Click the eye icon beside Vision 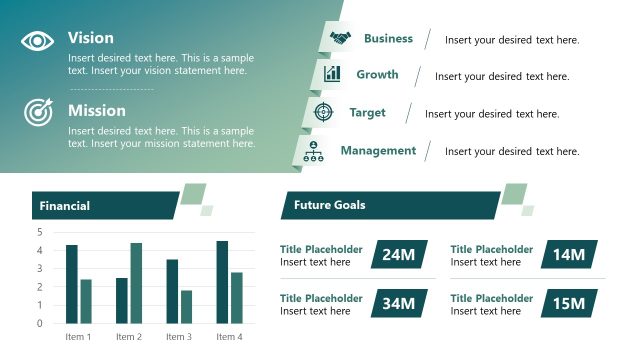38,41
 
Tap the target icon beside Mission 38,112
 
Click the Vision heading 90,38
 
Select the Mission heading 97,110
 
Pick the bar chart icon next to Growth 333,75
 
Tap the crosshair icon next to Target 323,112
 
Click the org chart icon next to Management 315,151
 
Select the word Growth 377,75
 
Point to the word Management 378,151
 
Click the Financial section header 65,206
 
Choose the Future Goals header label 329,205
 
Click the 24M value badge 398,255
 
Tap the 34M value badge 398,303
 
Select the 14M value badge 568,255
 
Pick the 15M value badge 568,303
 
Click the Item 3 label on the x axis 178,337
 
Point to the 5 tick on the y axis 40,232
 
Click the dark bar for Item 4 222,282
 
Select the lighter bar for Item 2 136,283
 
